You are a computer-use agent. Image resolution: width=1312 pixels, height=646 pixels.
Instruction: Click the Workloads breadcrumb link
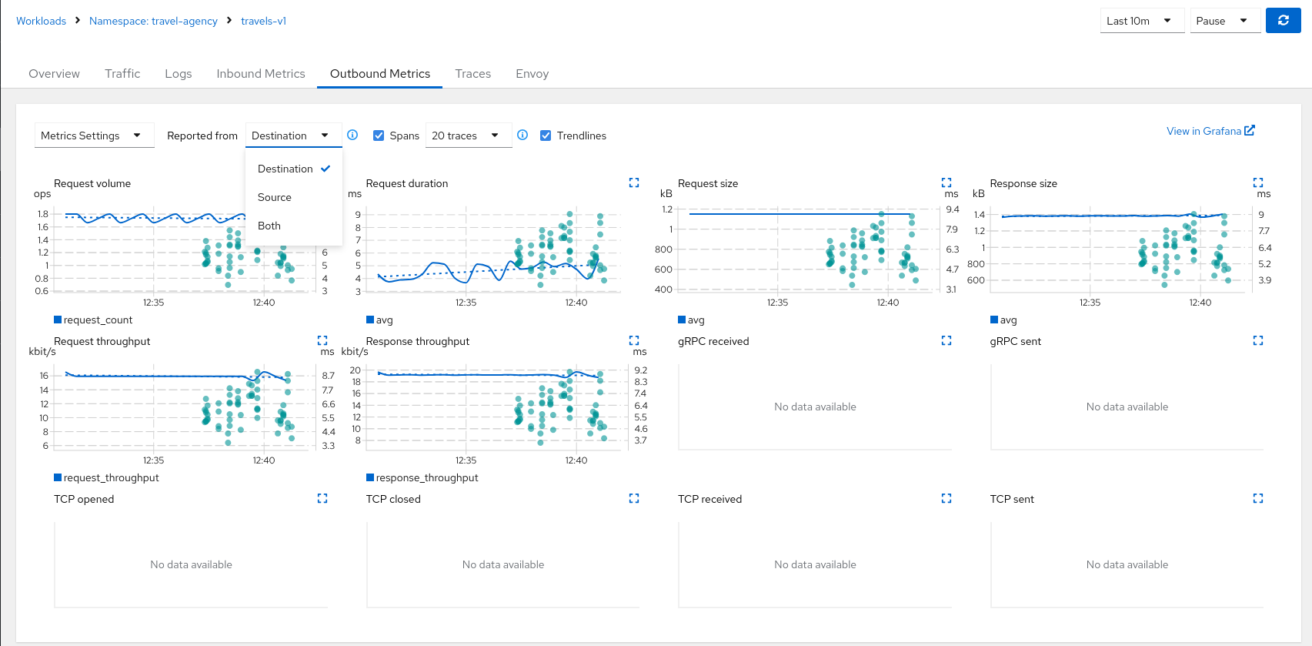pyautogui.click(x=41, y=21)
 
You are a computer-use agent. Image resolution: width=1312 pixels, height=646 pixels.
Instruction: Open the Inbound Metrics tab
pyautogui.click(x=260, y=74)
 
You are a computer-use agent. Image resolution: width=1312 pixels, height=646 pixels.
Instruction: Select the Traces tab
pyautogui.click(x=472, y=74)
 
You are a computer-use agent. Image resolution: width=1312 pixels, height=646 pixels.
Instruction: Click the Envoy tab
pyautogui.click(x=532, y=74)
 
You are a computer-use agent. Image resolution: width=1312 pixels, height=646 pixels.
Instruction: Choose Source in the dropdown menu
pyautogui.click(x=275, y=197)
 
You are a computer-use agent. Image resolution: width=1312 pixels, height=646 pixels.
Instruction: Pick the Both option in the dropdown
pyautogui.click(x=269, y=226)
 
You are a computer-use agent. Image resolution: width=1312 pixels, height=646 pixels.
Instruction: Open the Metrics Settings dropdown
pyautogui.click(x=92, y=136)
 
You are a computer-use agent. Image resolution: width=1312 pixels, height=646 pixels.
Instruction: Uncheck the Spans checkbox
pyautogui.click(x=379, y=136)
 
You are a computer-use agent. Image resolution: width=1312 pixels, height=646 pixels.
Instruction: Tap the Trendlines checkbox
pyautogui.click(x=546, y=136)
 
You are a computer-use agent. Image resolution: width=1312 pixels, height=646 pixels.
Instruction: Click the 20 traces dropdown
pyautogui.click(x=465, y=136)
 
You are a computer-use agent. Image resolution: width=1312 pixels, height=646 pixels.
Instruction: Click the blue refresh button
pyautogui.click(x=1283, y=21)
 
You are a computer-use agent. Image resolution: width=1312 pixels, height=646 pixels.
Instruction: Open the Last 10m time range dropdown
pyautogui.click(x=1138, y=21)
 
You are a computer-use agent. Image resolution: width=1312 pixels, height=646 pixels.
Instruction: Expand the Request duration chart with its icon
pyautogui.click(x=634, y=183)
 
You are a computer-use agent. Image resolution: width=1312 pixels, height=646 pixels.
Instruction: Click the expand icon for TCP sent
pyautogui.click(x=1258, y=499)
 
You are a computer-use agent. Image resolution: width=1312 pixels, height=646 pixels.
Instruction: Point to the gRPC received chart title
pyautogui.click(x=713, y=341)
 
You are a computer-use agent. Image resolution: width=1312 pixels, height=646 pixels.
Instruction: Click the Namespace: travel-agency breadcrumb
pyautogui.click(x=153, y=21)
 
